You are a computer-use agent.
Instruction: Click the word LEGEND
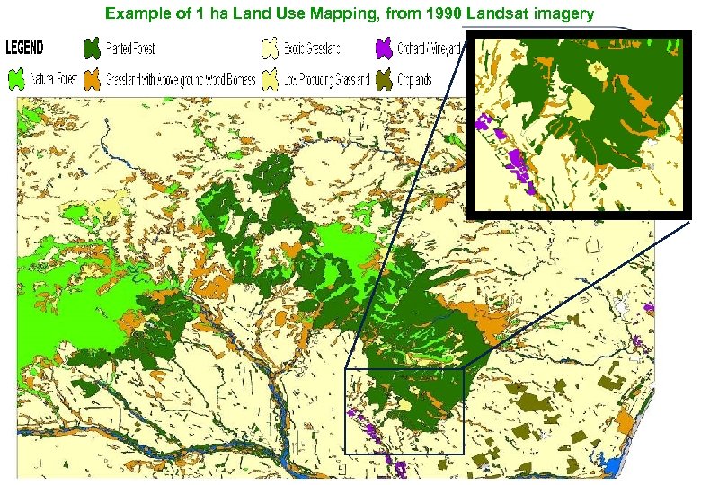tap(31, 46)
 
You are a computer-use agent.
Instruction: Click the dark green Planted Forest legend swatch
tap(91, 48)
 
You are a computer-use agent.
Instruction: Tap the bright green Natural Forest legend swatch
tap(17, 79)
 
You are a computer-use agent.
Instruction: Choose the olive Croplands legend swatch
tap(385, 79)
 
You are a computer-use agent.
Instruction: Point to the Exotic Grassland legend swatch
tap(269, 48)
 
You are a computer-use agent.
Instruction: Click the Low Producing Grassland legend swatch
tap(269, 79)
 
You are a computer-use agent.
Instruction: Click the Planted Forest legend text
tap(130, 48)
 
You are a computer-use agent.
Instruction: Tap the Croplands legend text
tap(415, 79)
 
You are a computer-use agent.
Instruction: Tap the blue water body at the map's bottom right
tap(615, 467)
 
